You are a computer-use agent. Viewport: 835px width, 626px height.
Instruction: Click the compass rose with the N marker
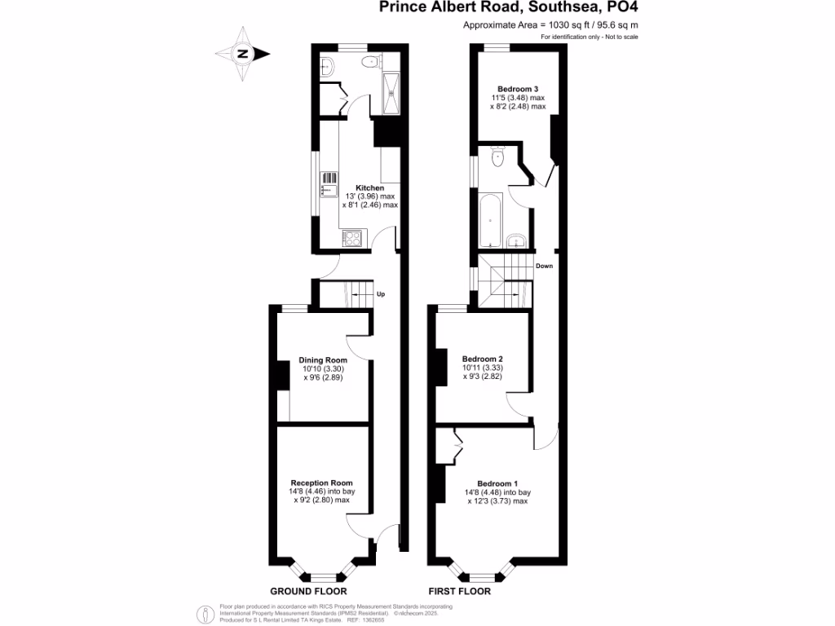[x=243, y=55]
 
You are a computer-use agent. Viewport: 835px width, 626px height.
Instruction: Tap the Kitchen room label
[x=369, y=187]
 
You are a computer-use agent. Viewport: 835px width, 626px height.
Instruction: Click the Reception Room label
[x=321, y=483]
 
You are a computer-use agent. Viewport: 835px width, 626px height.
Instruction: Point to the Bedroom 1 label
[x=497, y=483]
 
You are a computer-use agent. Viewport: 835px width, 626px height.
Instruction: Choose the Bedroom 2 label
[x=482, y=359]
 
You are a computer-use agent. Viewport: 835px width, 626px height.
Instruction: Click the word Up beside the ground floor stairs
[x=381, y=293]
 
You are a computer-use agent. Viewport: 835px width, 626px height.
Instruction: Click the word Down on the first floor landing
[x=545, y=266]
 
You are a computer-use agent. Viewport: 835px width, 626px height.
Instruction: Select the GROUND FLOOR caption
[x=308, y=591]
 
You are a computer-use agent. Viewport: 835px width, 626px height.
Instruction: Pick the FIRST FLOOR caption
[x=460, y=591]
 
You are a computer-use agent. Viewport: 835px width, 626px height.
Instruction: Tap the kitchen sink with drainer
[x=329, y=184]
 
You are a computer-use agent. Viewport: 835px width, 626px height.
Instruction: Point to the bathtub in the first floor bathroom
[x=492, y=220]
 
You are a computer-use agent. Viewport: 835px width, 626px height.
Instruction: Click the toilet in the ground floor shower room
[x=372, y=61]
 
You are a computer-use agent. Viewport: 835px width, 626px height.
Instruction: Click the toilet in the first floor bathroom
[x=498, y=157]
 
